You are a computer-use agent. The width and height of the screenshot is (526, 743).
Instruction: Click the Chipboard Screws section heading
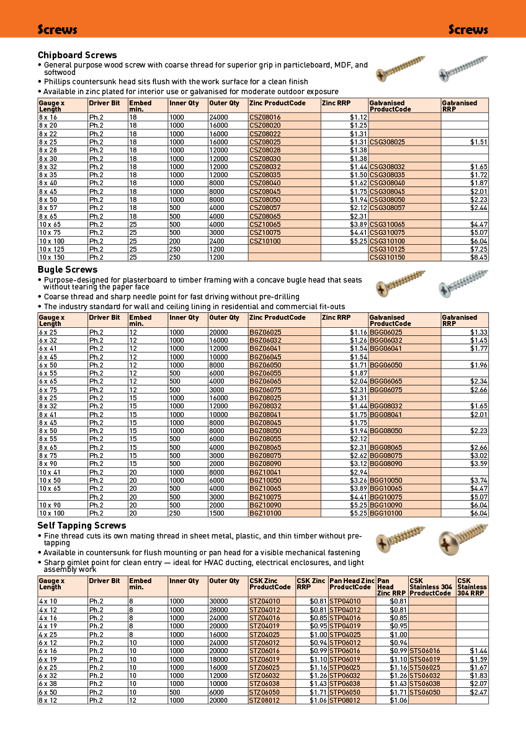[x=77, y=55]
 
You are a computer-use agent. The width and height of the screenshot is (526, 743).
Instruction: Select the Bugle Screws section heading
[x=67, y=270]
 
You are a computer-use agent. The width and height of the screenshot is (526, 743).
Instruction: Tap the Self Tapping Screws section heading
[x=82, y=525]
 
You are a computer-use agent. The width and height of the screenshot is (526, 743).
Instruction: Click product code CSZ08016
[x=265, y=117]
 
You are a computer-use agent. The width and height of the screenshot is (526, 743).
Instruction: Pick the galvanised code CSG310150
[x=387, y=257]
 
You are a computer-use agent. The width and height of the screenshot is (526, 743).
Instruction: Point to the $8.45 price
[x=478, y=257]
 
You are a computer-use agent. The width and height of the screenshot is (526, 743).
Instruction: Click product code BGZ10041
[x=265, y=472]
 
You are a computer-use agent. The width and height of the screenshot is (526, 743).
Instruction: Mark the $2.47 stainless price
[x=478, y=692]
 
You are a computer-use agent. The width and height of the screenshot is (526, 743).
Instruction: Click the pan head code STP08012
[x=344, y=700]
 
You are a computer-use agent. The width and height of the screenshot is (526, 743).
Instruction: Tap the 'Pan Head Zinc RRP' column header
[x=391, y=586]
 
